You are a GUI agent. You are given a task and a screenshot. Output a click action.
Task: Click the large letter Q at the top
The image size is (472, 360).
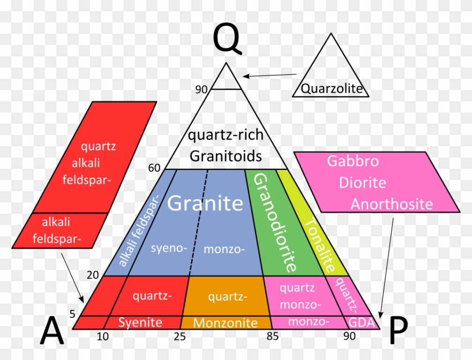point(226,39)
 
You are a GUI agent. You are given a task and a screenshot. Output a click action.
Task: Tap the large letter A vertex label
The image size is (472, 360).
point(52,330)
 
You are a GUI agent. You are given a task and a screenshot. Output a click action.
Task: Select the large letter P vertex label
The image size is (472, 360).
point(398,330)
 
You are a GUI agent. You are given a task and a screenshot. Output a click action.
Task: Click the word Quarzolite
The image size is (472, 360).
point(332,88)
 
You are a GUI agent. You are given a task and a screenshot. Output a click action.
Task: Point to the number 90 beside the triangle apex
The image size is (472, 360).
point(201,89)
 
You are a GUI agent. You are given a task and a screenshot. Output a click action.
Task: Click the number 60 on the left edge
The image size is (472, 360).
point(154,168)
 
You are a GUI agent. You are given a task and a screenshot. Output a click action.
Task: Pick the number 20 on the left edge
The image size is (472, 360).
point(93,274)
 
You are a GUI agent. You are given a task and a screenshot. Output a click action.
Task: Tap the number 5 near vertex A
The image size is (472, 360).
point(72,314)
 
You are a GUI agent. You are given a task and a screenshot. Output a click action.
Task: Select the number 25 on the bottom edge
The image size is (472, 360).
point(180,336)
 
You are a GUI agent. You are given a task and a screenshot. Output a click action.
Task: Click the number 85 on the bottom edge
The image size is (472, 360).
point(273,336)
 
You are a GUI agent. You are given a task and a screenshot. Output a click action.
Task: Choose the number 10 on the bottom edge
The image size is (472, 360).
point(103,336)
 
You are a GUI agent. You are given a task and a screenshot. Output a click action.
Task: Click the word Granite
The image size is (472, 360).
point(205,202)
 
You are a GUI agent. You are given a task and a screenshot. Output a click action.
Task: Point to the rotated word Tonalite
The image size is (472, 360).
point(320,245)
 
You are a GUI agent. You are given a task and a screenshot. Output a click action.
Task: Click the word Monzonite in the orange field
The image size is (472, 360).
point(225,323)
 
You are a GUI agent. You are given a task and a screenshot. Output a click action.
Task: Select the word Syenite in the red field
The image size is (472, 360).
point(140,322)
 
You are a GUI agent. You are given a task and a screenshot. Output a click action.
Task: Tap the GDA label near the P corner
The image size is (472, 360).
point(361,323)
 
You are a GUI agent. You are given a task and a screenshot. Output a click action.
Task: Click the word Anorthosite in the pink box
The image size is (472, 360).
point(392,204)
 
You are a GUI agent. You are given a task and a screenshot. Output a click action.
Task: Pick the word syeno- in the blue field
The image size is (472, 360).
point(169,248)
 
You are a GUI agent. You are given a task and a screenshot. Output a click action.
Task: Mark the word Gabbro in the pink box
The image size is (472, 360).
point(353,161)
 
